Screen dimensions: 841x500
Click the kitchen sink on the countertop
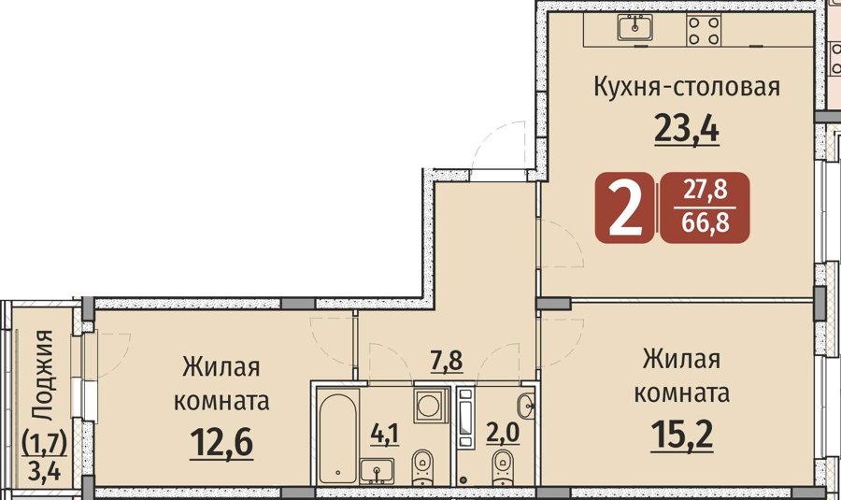[635, 27]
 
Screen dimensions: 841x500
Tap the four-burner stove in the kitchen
[705, 31]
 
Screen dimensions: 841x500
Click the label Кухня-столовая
[687, 87]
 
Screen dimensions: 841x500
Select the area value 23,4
[687, 129]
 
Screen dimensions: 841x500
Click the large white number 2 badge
[625, 207]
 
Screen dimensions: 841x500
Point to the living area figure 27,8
[705, 190]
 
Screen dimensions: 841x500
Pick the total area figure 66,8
[705, 222]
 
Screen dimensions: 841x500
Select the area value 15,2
[682, 435]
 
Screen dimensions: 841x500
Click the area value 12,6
[221, 443]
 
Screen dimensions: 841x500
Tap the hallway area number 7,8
[447, 360]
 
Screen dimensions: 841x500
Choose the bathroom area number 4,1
[385, 433]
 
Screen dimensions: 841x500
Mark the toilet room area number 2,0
[503, 432]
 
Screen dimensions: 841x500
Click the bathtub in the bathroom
[338, 438]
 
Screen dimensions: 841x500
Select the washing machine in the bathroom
[430, 407]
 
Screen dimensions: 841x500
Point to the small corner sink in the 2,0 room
[526, 405]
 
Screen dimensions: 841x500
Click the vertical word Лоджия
[42, 375]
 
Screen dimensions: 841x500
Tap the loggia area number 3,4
[45, 472]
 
